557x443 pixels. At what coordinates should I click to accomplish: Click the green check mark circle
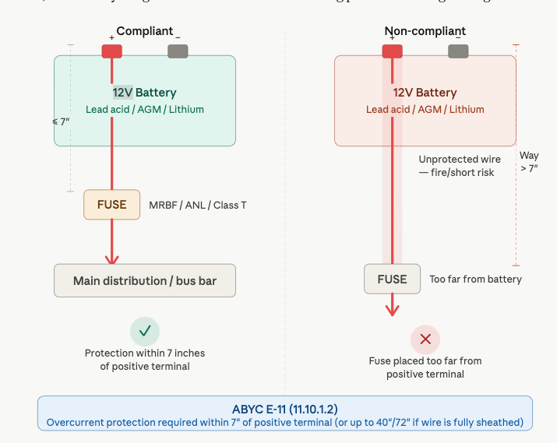click(x=144, y=331)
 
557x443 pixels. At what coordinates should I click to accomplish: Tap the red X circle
click(x=425, y=339)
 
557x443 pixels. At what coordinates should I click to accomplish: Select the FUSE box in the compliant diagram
click(x=112, y=205)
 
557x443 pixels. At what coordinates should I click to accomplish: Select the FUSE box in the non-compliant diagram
click(x=392, y=279)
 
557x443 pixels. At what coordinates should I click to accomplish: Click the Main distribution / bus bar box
click(x=145, y=280)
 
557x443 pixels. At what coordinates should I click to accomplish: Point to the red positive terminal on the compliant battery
click(x=111, y=51)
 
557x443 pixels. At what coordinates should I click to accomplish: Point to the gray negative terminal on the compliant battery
click(x=178, y=51)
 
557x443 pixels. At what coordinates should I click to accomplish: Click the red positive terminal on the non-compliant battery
click(x=392, y=51)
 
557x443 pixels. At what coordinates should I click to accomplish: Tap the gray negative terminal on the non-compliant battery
click(x=458, y=51)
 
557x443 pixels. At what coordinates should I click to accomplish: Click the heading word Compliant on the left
click(x=145, y=31)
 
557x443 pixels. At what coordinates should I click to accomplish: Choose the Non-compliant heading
click(x=425, y=31)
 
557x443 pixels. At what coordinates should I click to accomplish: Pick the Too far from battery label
click(x=475, y=280)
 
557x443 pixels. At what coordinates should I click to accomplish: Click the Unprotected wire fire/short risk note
click(x=457, y=165)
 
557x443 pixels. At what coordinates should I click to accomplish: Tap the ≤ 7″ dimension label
click(x=59, y=121)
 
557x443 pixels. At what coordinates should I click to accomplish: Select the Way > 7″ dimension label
click(x=529, y=161)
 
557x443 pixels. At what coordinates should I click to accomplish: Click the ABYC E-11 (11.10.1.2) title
click(x=284, y=409)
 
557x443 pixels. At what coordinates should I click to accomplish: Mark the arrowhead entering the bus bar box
click(x=112, y=259)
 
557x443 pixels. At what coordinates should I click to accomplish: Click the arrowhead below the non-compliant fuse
click(x=392, y=309)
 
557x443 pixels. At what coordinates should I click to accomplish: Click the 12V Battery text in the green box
click(x=144, y=93)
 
